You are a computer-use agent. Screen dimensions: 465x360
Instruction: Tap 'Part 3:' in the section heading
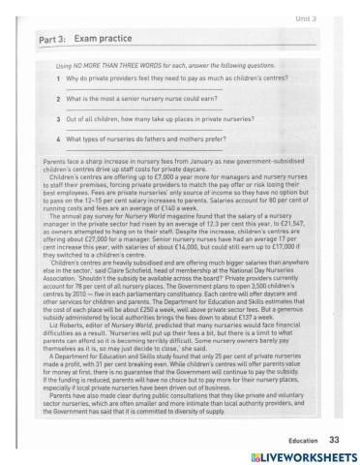(44, 41)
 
